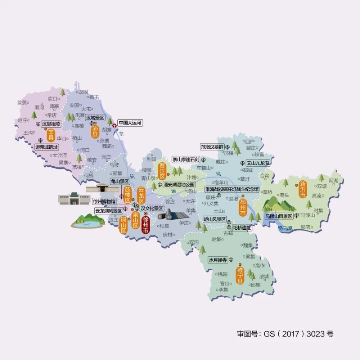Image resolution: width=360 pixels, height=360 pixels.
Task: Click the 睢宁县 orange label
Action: pos(239,275)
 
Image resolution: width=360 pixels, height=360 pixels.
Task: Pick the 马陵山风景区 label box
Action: pos(279,216)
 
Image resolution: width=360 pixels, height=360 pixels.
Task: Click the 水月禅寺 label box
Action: pos(218,260)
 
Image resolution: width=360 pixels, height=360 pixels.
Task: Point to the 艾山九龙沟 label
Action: pos(257,163)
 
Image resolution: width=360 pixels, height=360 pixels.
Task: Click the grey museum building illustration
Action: pos(74,198)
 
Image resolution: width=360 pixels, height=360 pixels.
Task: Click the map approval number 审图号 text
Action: pos(285,334)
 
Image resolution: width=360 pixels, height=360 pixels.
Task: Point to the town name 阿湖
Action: pos(333,180)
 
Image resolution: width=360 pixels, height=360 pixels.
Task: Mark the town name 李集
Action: pos(221,289)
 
